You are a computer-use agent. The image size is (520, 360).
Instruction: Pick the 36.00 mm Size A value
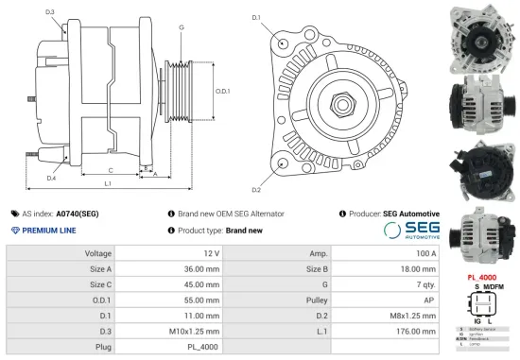pos(201,268)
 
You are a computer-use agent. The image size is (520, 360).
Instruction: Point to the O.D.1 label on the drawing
pos(223,91)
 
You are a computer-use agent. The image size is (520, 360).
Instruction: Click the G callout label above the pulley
pos(181,27)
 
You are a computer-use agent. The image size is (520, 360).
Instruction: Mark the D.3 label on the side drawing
pos(49,11)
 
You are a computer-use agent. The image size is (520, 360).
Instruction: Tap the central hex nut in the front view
pos(339,99)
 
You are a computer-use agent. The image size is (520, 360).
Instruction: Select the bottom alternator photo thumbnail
pos(484,237)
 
